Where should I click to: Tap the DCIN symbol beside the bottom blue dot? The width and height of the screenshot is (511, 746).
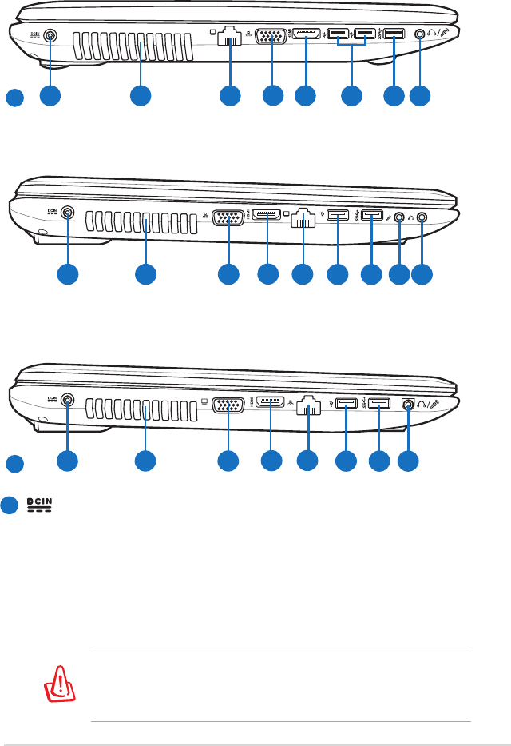38,506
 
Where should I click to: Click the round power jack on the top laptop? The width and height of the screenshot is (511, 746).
51,35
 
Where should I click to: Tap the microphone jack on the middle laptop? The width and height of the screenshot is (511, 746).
399,215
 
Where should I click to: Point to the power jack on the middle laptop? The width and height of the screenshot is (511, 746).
67,213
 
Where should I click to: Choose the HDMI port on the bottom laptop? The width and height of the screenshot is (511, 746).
271,402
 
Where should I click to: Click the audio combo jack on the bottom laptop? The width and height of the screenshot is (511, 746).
409,405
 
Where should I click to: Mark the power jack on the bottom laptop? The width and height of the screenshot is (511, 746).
67,401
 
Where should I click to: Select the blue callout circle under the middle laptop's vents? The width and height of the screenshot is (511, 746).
145,273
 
